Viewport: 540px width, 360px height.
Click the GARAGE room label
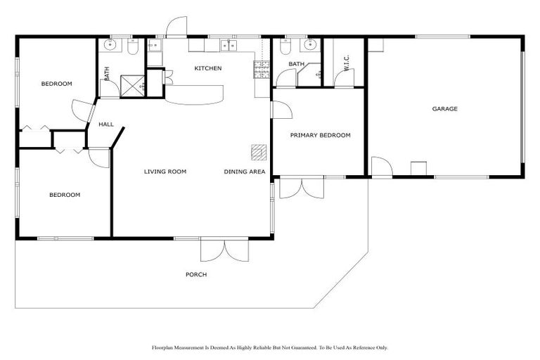[x=444, y=109]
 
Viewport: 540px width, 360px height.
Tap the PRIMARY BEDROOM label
[x=320, y=135]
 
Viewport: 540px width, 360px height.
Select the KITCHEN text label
[x=208, y=68]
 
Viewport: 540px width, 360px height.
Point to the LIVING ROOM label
[x=165, y=172]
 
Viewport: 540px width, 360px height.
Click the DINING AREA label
[x=245, y=172]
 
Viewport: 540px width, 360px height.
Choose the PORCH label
[x=196, y=274]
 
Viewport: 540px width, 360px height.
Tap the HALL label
[x=106, y=124]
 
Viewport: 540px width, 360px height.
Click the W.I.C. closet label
[x=346, y=63]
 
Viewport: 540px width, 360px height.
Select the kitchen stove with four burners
[x=262, y=68]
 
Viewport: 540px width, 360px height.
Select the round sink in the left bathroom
[x=110, y=46]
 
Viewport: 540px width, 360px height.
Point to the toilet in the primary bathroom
[x=285, y=46]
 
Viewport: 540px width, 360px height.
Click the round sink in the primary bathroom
[x=309, y=46]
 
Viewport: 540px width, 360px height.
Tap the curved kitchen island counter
[x=195, y=93]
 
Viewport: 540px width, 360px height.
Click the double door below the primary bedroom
[x=301, y=188]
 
